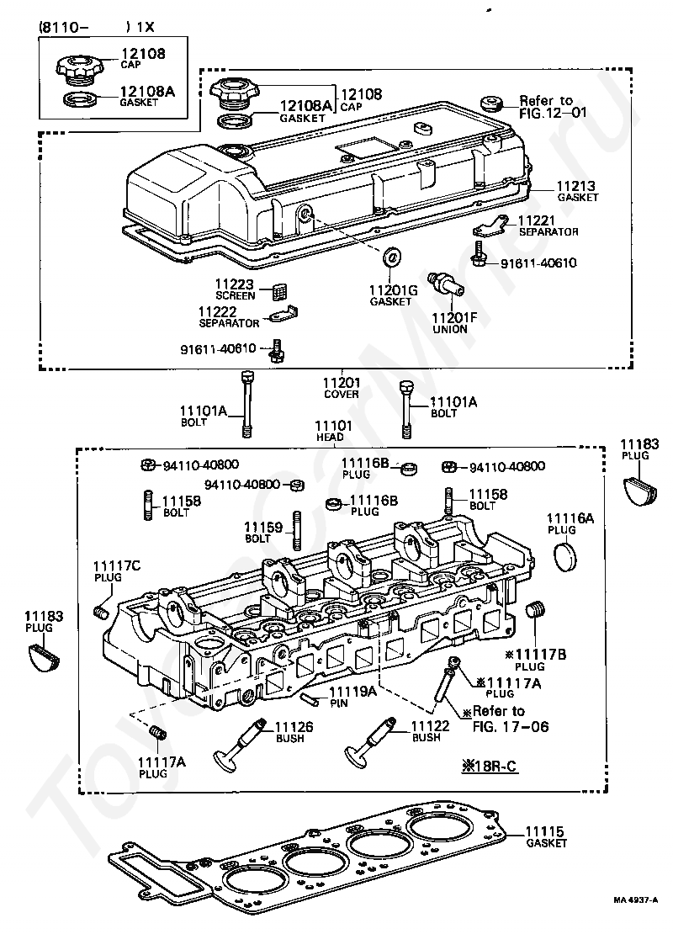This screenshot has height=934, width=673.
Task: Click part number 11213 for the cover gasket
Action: click(x=576, y=187)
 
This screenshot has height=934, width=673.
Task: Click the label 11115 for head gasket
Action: click(x=544, y=831)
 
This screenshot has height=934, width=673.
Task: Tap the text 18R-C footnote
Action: click(x=490, y=766)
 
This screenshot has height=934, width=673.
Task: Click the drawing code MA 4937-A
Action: click(x=635, y=916)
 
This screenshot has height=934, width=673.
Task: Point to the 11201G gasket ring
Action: click(x=391, y=257)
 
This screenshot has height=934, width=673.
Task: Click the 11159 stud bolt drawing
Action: click(x=297, y=531)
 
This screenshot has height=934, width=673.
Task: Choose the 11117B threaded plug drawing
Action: click(x=537, y=611)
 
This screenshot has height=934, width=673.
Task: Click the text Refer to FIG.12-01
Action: click(x=553, y=106)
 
